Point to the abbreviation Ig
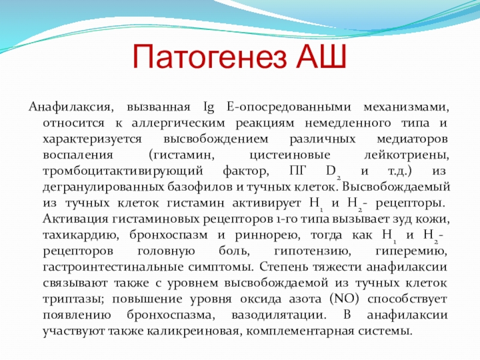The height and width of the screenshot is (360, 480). [x=209, y=108]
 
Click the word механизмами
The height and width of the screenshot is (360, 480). [x=406, y=107]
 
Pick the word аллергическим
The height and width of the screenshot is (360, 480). [x=178, y=124]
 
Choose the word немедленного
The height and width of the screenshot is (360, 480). [x=348, y=124]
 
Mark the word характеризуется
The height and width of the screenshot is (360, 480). [x=92, y=140]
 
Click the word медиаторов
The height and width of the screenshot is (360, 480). [x=412, y=140]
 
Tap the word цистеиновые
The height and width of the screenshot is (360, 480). [x=290, y=155]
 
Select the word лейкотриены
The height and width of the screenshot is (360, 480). [x=407, y=155]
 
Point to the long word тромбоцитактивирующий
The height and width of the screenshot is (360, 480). [x=123, y=172]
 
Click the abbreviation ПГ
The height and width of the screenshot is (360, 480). [x=298, y=171]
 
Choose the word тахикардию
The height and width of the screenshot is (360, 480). [x=81, y=235]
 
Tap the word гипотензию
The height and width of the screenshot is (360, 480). [x=312, y=251]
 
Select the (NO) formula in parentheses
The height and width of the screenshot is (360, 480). [x=344, y=299]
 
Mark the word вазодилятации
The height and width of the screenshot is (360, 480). [x=279, y=316]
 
